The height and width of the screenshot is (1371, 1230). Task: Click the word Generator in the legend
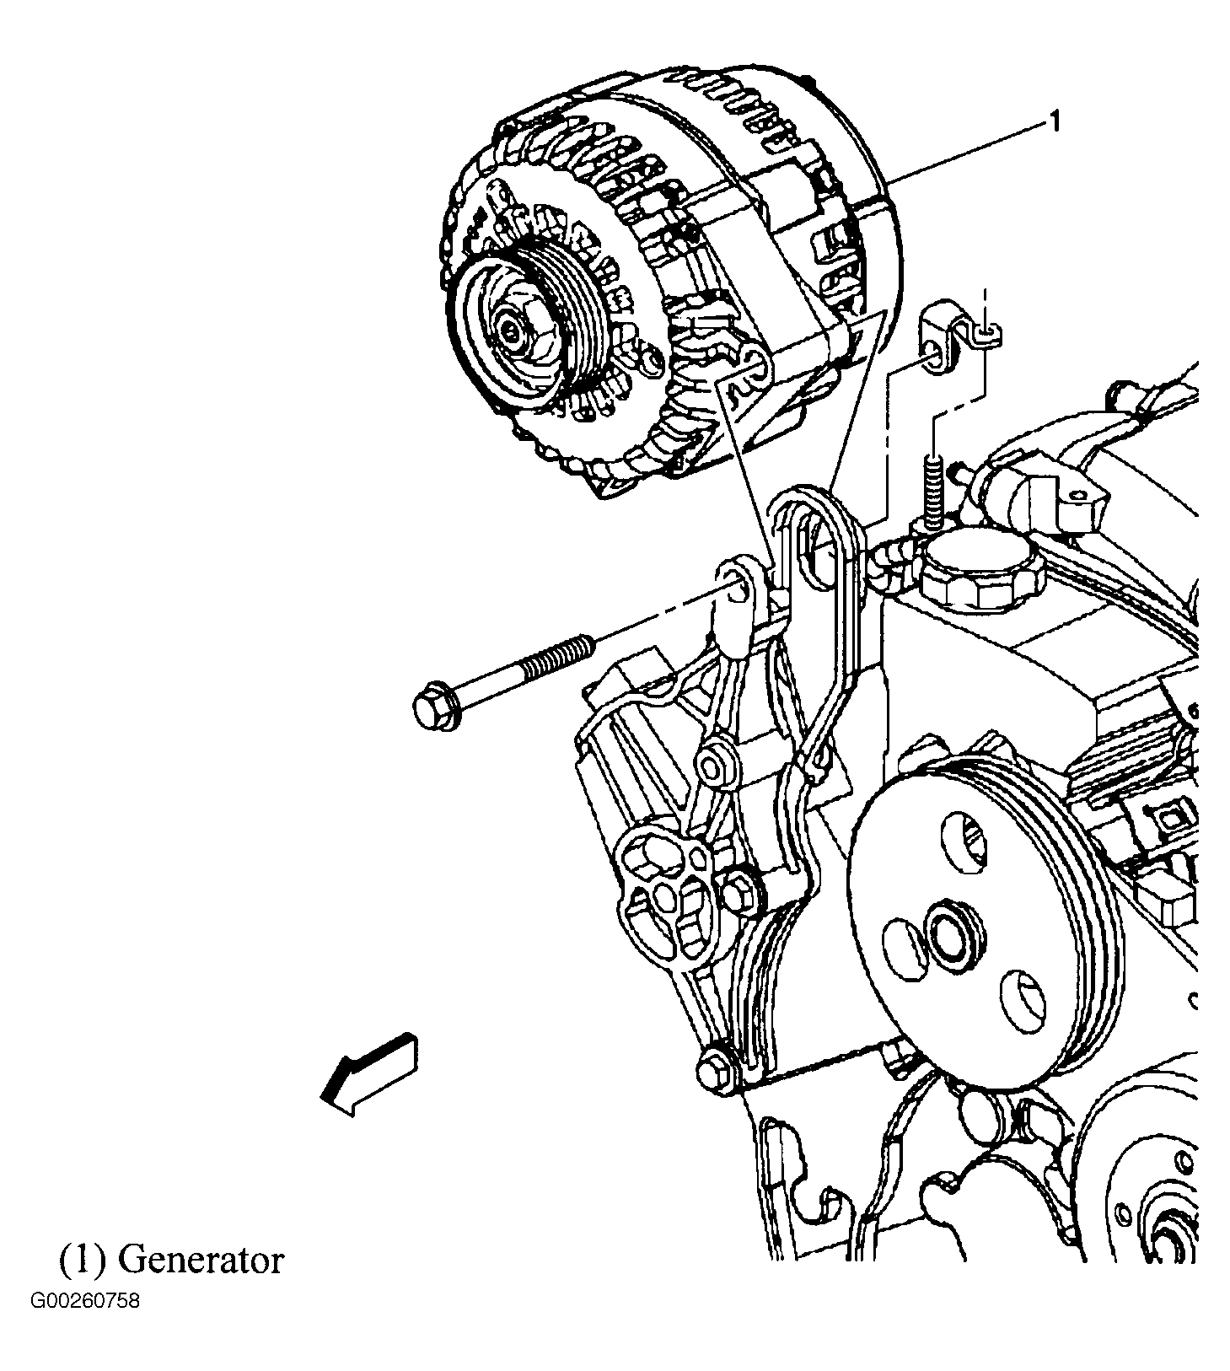coord(201,1261)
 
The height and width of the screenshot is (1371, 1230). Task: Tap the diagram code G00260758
coord(85,1325)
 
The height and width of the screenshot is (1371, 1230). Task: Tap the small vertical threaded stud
coord(933,493)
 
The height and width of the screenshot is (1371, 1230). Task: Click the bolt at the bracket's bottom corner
coord(715,1073)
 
